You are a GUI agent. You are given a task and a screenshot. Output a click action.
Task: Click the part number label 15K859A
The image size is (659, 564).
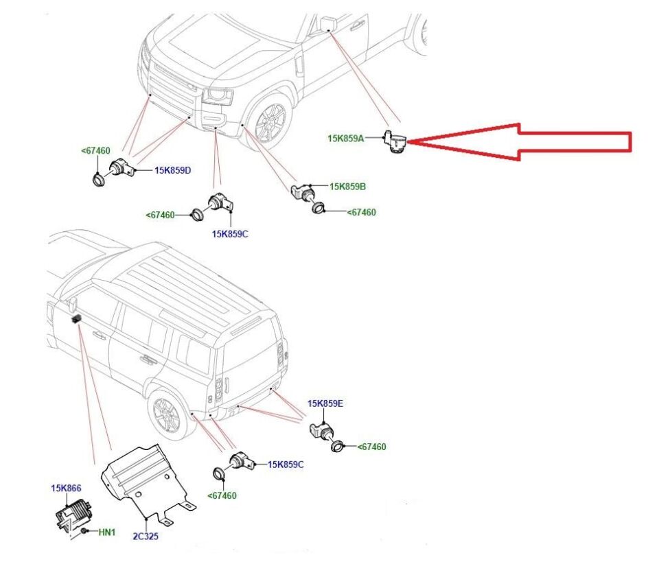point(346,139)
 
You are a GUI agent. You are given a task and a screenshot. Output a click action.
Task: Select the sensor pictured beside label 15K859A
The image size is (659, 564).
point(396,141)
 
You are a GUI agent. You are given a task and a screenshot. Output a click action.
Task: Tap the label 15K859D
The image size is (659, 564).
point(172,170)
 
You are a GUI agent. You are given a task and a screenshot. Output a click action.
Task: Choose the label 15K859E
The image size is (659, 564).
point(325,403)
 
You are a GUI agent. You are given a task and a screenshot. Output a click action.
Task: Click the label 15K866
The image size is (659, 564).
point(66,489)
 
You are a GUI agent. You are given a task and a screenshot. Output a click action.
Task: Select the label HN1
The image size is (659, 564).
point(106,532)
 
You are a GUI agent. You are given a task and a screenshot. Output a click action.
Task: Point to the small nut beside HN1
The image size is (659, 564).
point(83,532)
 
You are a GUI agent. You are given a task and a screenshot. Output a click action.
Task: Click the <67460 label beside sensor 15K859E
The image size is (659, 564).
point(371,447)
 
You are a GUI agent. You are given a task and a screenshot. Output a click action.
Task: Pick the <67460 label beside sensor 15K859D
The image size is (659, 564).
point(95,150)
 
